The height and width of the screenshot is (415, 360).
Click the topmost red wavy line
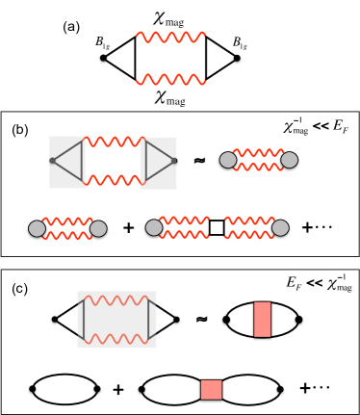pos(170,38)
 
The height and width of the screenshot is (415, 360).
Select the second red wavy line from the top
pos(170,80)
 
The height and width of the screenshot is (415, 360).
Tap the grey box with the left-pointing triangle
pos(66,162)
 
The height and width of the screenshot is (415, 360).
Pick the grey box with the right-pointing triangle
pos(159,163)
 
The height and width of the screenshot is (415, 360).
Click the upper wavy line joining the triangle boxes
pos(115,142)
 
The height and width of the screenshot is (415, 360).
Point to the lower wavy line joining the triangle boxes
pos(115,180)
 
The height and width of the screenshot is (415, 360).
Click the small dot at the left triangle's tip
pos(53,161)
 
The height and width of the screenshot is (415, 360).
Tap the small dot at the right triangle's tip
pos(173,161)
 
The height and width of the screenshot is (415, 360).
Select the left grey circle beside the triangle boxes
pos(228,160)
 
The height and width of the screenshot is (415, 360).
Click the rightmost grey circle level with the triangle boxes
pos(289,160)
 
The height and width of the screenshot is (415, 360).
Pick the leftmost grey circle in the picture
pos(37,228)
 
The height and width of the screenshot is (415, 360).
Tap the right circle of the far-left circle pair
pos(98,228)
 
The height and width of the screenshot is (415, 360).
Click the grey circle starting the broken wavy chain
pos(154,227)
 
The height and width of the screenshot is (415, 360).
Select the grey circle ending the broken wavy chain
pos(280,227)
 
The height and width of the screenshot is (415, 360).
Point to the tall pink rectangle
pos(262,319)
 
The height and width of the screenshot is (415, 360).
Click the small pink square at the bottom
pos(211,389)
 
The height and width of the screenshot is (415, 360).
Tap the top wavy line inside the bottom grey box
pos(116,300)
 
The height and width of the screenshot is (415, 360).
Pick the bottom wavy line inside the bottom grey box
pos(116,339)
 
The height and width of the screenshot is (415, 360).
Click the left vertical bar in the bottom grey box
pos(84,320)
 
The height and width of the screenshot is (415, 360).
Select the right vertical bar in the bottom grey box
pos(149,320)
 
